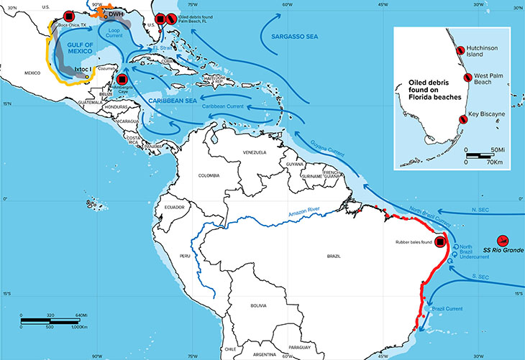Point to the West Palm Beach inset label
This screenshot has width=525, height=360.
pyautogui.click(x=493, y=78)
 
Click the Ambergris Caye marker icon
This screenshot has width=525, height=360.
pyautogui.click(x=122, y=80)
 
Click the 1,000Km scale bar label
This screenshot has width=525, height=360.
pyautogui.click(x=76, y=327)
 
